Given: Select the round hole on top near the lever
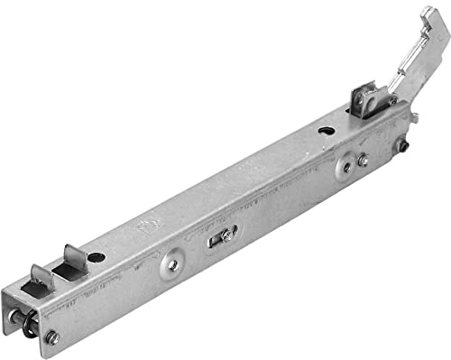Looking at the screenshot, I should point(326,131).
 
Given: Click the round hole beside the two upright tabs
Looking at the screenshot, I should point(97,257).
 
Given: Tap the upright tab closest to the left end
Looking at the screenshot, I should point(41,277).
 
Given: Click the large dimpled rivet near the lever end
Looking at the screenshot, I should point(345,167).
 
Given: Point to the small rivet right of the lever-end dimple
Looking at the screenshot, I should point(363,161).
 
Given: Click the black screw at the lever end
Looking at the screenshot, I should point(403,144).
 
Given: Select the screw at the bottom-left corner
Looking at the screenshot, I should point(51,337).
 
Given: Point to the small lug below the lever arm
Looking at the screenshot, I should point(412,115).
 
